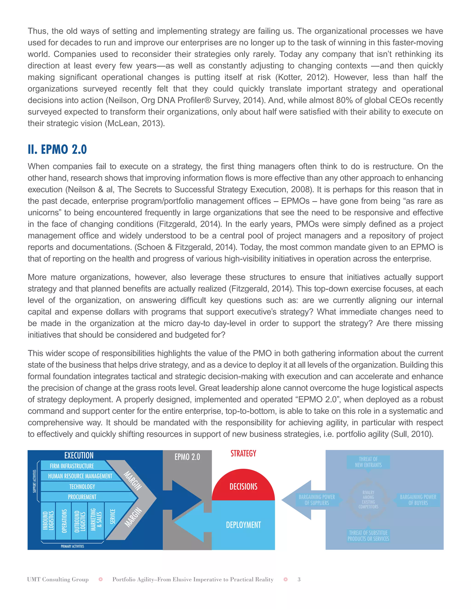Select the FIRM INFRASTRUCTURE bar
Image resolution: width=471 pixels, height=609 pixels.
[72, 466]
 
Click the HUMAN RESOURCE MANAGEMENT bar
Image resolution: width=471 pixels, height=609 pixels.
[80, 476]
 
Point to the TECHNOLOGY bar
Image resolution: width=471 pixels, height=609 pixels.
[82, 487]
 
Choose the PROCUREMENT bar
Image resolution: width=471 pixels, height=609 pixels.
[82, 497]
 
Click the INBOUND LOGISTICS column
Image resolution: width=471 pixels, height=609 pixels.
[48, 521]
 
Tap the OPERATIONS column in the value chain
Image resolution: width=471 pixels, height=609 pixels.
[64, 521]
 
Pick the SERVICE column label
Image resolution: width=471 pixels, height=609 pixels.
[112, 516]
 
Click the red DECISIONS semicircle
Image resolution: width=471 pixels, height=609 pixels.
[243, 487]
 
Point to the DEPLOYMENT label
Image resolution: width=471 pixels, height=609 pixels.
[243, 525]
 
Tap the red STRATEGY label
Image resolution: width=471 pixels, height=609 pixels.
[243, 454]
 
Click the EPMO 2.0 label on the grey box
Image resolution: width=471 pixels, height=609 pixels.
[187, 457]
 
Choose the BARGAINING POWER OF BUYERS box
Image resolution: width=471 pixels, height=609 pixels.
[418, 500]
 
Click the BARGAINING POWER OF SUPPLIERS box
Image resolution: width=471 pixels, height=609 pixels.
[317, 500]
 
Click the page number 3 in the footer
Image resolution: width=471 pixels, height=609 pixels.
[299, 579]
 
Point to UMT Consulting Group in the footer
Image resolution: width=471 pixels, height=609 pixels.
[58, 579]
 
